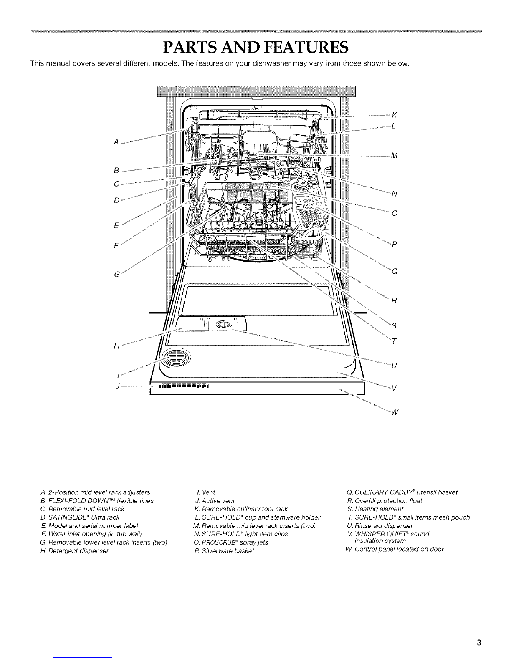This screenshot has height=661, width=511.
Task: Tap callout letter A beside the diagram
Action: (115, 141)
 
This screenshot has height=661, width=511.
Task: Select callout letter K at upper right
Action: (394, 114)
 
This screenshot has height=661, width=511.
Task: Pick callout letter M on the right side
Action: (394, 156)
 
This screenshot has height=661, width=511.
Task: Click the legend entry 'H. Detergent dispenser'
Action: (73, 551)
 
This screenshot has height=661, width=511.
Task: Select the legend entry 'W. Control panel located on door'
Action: (393, 549)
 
